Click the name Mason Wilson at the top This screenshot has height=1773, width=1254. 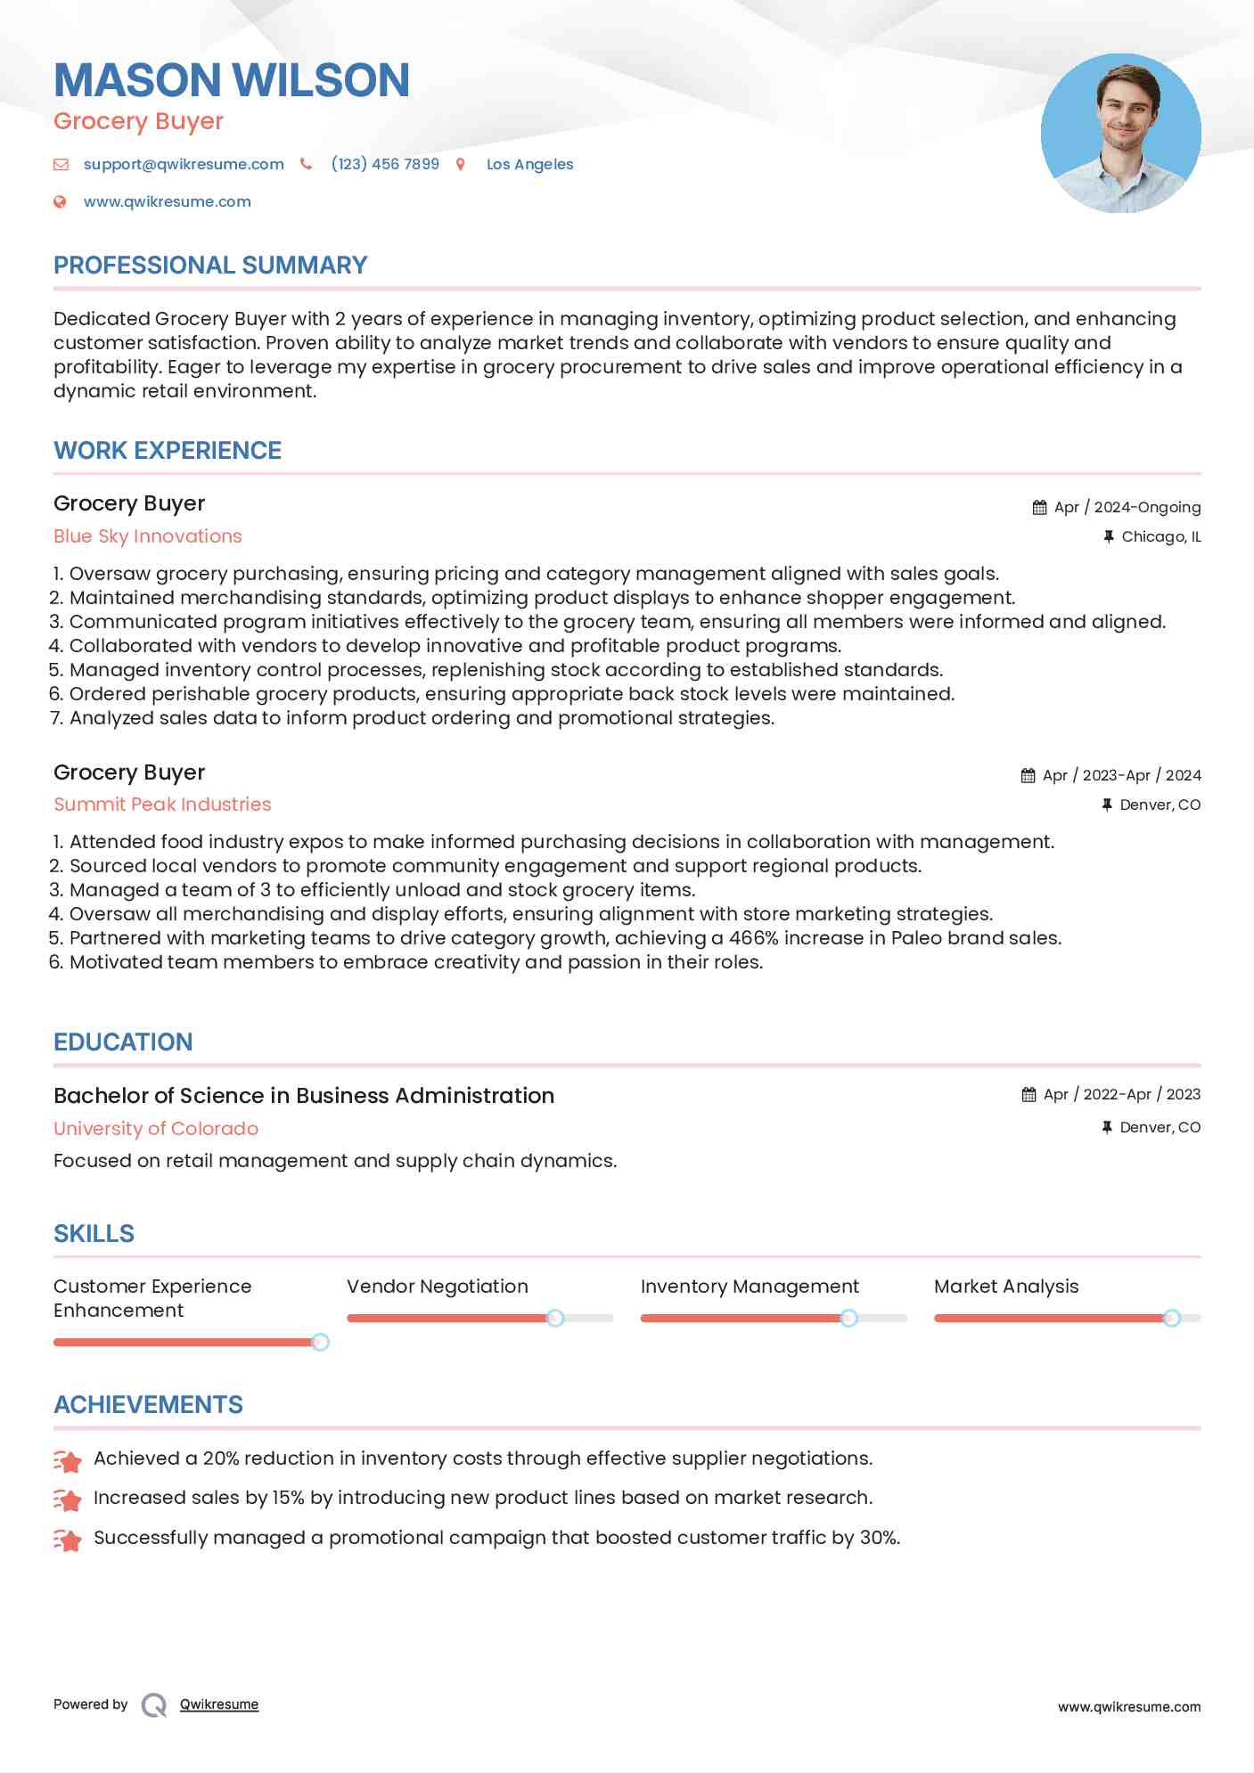(232, 80)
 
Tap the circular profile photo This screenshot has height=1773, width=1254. (1120, 134)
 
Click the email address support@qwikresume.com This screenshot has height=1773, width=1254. (184, 164)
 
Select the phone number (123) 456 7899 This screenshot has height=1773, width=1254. (385, 164)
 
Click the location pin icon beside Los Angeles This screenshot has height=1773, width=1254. (461, 164)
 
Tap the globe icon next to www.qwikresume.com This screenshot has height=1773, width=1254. (60, 201)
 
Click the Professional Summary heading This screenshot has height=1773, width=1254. (210, 266)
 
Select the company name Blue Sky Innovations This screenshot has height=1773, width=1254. (148, 536)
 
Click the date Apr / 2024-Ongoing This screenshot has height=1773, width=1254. (1127, 507)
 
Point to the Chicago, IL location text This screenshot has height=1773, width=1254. (1160, 536)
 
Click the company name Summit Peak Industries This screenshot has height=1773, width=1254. (162, 805)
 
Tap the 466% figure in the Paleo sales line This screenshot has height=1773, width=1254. (753, 938)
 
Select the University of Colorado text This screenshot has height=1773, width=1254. (156, 1129)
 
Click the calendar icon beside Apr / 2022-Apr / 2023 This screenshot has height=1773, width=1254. (1029, 1094)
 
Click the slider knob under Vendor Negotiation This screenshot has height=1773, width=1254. (555, 1318)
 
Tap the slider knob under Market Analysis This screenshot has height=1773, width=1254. (1172, 1318)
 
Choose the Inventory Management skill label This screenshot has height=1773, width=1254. (750, 1287)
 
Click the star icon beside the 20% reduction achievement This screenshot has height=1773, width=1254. (68, 1460)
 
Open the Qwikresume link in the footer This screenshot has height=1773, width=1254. (219, 1704)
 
